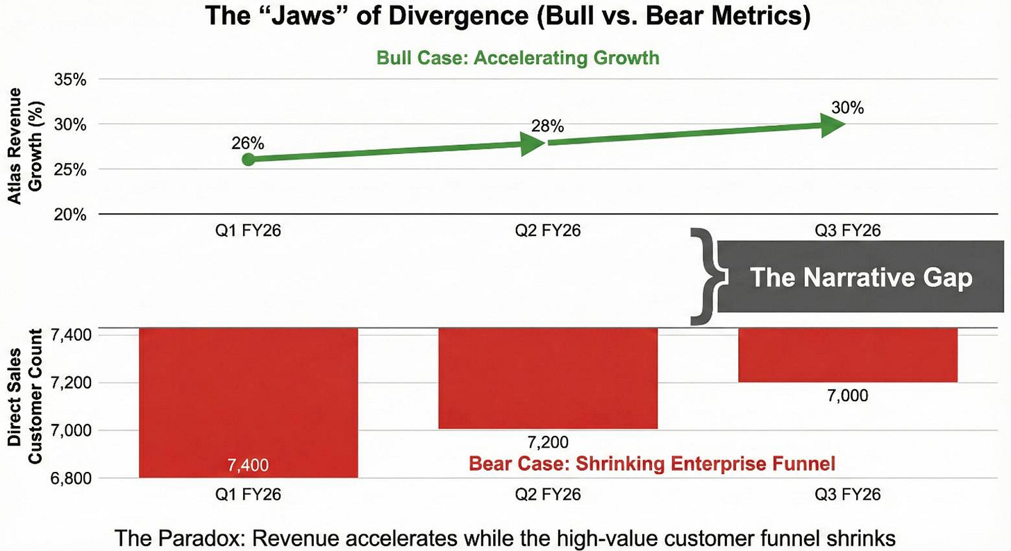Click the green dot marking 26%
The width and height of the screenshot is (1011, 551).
pos(249,160)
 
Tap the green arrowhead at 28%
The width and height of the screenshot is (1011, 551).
pos(532,143)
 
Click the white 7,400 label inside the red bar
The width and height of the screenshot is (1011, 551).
pos(248,465)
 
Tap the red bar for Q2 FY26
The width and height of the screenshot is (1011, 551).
pos(547,378)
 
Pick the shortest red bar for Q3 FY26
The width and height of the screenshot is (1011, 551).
pos(847,355)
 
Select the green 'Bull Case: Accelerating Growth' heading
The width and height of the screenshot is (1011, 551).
pos(517,57)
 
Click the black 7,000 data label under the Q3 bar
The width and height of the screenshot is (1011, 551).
pos(848,396)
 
